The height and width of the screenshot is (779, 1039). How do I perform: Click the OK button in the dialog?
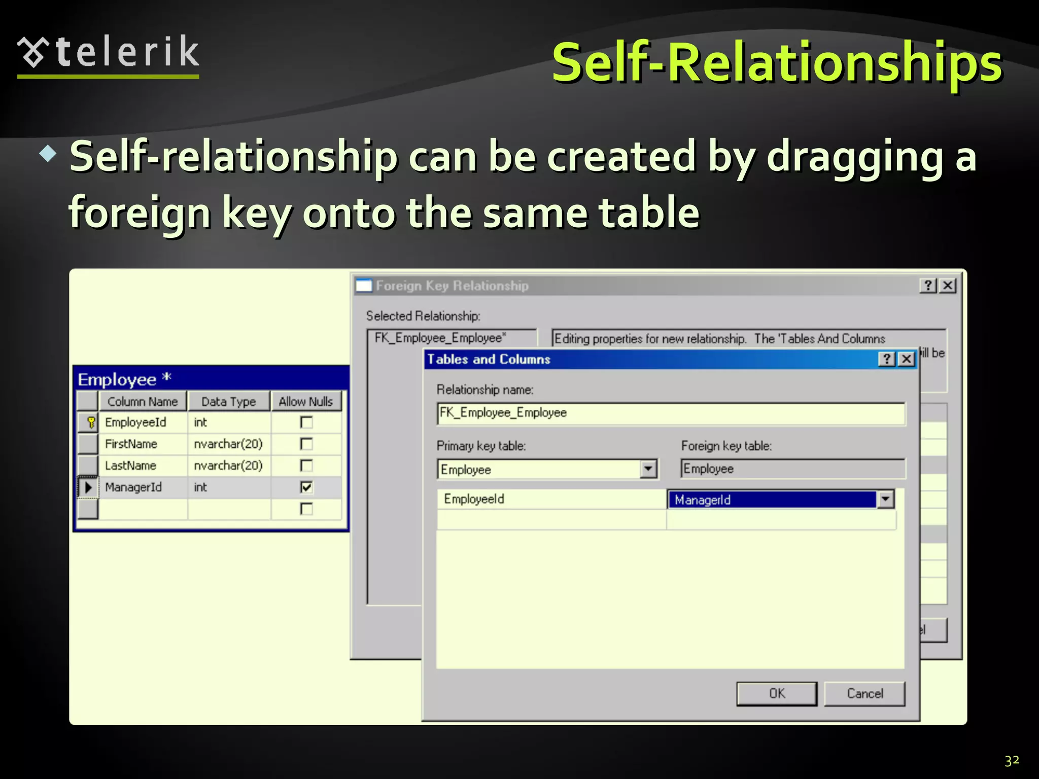coord(776,693)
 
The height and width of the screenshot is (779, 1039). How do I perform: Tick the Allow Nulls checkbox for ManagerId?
coord(306,487)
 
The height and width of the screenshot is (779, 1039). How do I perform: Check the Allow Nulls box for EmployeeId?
coord(306,422)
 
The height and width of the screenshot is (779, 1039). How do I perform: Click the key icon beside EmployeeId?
coord(90,422)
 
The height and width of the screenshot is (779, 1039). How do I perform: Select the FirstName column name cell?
coord(131,444)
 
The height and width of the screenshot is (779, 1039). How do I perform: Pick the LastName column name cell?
coord(131,466)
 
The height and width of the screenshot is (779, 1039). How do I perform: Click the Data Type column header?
coord(228,402)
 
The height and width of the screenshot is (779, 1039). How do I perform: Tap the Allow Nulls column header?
coord(305,402)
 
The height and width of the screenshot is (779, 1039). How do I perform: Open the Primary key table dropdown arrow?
coord(648,469)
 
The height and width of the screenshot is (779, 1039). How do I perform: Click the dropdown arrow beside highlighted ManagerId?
coord(885,500)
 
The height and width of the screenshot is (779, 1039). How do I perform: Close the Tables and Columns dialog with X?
coord(907,359)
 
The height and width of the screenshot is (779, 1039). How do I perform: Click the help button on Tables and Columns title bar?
coord(886,359)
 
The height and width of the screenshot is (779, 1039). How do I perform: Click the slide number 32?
coord(1012,760)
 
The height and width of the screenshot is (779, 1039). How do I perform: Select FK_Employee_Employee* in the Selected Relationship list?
coord(440,338)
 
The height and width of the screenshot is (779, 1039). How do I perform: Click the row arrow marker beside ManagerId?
coord(88,487)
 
